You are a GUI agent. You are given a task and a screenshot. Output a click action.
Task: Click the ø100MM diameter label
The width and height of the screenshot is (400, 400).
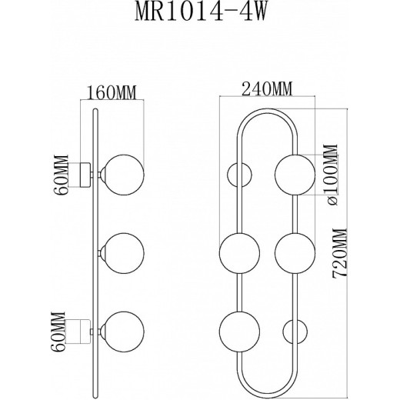[x=331, y=175]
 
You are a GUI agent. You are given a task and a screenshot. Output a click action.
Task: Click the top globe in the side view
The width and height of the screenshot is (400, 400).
[x=124, y=174]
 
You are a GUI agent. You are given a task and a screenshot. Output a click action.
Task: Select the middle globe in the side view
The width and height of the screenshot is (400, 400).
[x=124, y=252]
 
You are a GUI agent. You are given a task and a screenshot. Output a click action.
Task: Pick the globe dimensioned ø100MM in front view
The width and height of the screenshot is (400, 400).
[x=294, y=174]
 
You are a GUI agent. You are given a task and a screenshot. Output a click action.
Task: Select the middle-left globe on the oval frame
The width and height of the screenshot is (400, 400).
[x=238, y=252]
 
